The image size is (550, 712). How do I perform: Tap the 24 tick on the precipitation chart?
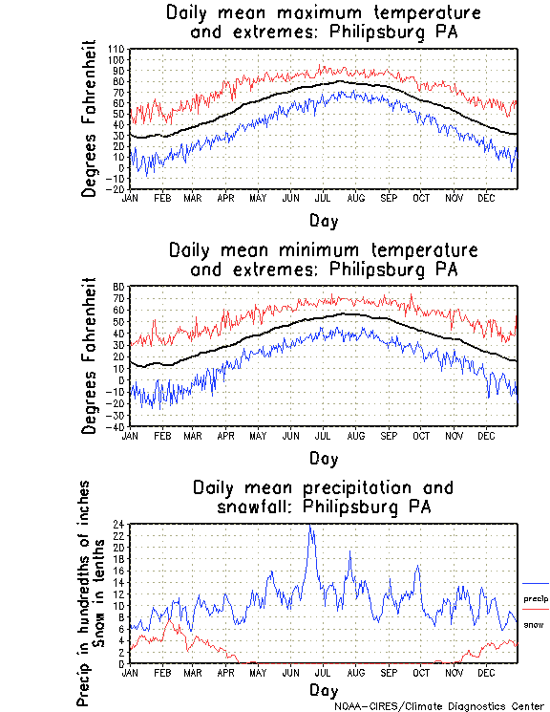click(x=118, y=525)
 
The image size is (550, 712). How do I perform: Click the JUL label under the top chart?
click(x=323, y=198)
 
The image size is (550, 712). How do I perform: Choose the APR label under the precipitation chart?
click(x=225, y=673)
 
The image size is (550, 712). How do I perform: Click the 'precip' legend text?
click(x=536, y=599)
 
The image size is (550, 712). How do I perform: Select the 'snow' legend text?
click(x=535, y=625)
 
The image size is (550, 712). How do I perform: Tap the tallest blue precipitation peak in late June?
click(x=310, y=527)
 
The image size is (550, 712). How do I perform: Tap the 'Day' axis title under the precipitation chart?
click(x=323, y=689)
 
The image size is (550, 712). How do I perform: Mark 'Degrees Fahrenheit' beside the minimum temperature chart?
click(x=90, y=356)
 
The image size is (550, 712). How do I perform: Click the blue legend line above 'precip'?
click(x=536, y=584)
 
